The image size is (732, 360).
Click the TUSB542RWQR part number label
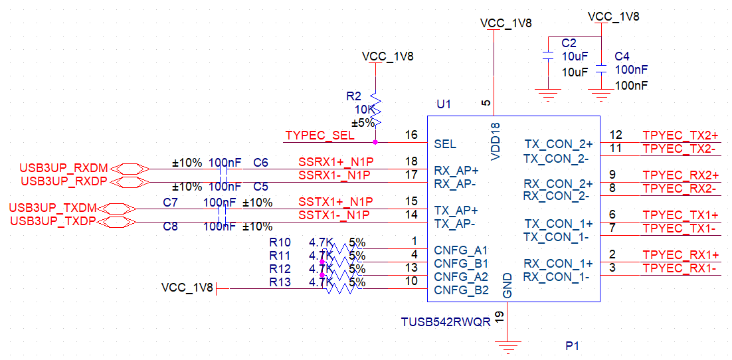pyautogui.click(x=446, y=322)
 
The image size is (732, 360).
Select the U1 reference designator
pyautogui.click(x=444, y=104)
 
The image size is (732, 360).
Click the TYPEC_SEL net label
pyautogui.click(x=320, y=135)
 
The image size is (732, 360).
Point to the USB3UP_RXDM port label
pyautogui.click(x=64, y=167)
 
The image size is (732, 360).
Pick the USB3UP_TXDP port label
pyautogui.click(x=53, y=221)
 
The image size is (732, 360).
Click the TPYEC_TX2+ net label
pyautogui.click(x=680, y=135)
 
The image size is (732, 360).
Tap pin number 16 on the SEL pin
pyautogui.click(x=411, y=135)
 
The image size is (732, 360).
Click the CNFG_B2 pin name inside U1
pyautogui.click(x=461, y=290)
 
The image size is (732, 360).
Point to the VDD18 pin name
pyautogui.click(x=495, y=141)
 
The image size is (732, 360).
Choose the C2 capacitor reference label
pyautogui.click(x=569, y=43)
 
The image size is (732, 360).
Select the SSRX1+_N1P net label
pyautogui.click(x=336, y=162)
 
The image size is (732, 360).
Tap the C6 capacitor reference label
pyautogui.click(x=261, y=162)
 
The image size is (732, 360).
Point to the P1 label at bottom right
pyautogui.click(x=573, y=346)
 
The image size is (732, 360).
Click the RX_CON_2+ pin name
pyautogui.click(x=558, y=183)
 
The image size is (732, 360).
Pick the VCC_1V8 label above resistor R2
pyautogui.click(x=387, y=56)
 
